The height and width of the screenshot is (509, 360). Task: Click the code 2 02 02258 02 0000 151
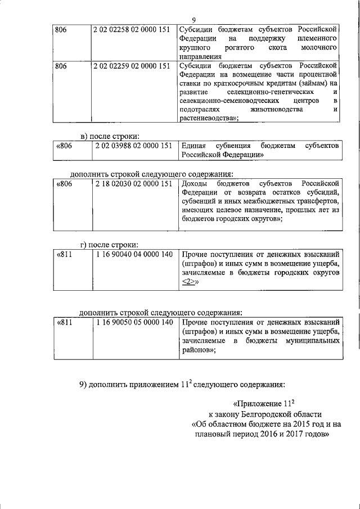[x=132, y=29]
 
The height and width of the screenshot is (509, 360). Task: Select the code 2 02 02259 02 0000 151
[x=132, y=66]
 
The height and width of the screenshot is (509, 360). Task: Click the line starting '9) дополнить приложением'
[x=181, y=384]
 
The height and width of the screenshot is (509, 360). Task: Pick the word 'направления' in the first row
[x=201, y=56]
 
